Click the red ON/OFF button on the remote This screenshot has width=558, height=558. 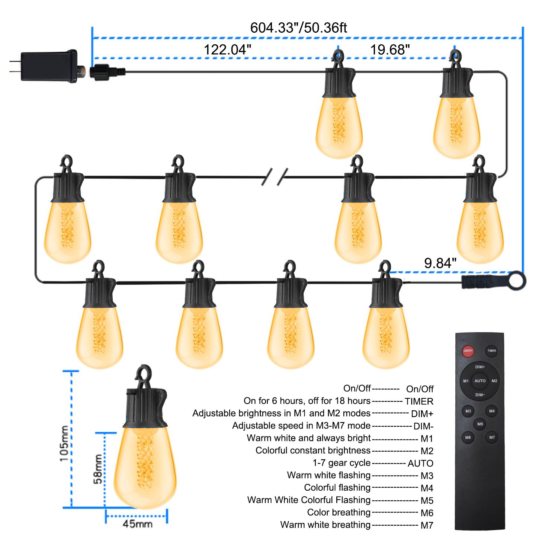468,351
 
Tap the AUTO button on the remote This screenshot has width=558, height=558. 480,381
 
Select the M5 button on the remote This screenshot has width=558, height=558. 480,424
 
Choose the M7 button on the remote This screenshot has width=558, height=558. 492,437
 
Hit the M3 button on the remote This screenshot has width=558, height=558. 468,411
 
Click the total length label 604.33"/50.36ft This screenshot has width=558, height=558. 298,28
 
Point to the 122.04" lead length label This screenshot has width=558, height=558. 227,49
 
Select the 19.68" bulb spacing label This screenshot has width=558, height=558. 390,49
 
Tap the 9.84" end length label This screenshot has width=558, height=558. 440,263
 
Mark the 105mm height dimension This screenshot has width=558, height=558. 64,444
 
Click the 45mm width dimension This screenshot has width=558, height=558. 137,524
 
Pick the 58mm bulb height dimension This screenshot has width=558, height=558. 98,469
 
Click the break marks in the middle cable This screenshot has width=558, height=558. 275,176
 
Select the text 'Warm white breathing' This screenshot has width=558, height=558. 325,525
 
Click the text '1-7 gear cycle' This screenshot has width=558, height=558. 341,463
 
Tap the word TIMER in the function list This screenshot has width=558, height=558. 419,401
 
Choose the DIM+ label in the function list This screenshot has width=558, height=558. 422,414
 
